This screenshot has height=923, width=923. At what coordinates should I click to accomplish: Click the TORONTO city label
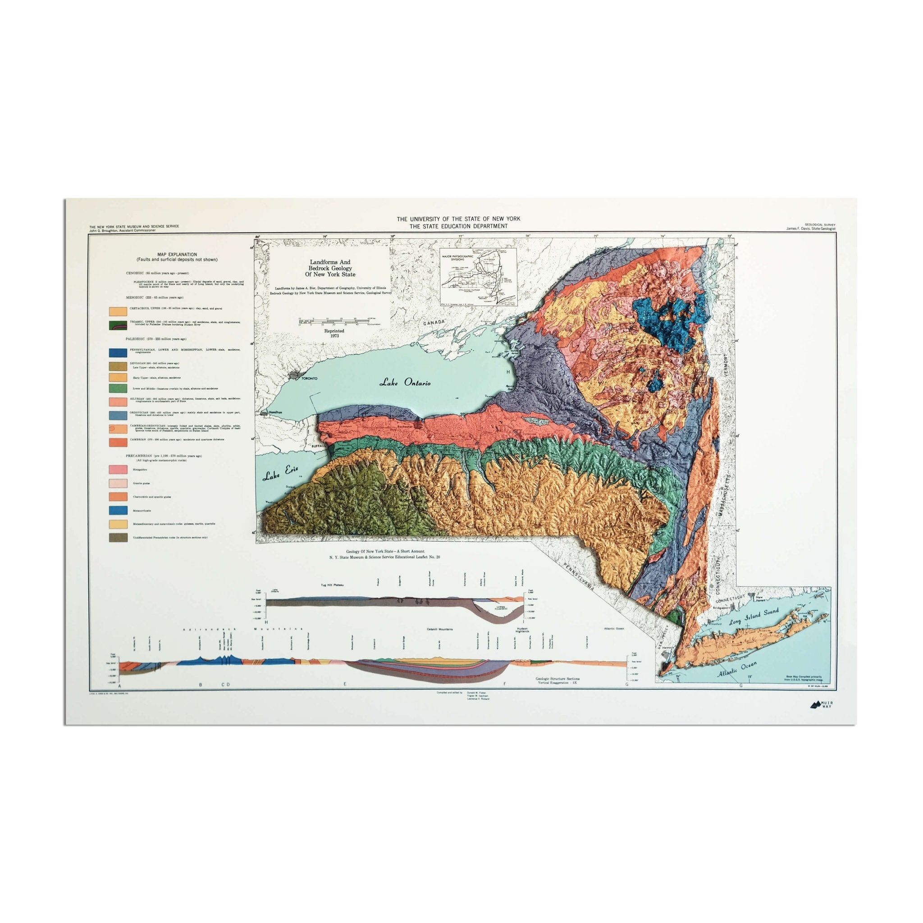point(309,379)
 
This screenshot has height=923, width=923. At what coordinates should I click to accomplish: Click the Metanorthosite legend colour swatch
point(118,511)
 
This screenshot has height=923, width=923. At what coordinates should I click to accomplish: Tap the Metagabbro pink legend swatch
point(118,471)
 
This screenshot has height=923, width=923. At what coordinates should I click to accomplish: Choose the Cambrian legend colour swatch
point(118,443)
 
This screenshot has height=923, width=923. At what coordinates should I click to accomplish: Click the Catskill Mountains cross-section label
point(440,629)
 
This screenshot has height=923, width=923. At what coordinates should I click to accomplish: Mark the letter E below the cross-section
point(345,685)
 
